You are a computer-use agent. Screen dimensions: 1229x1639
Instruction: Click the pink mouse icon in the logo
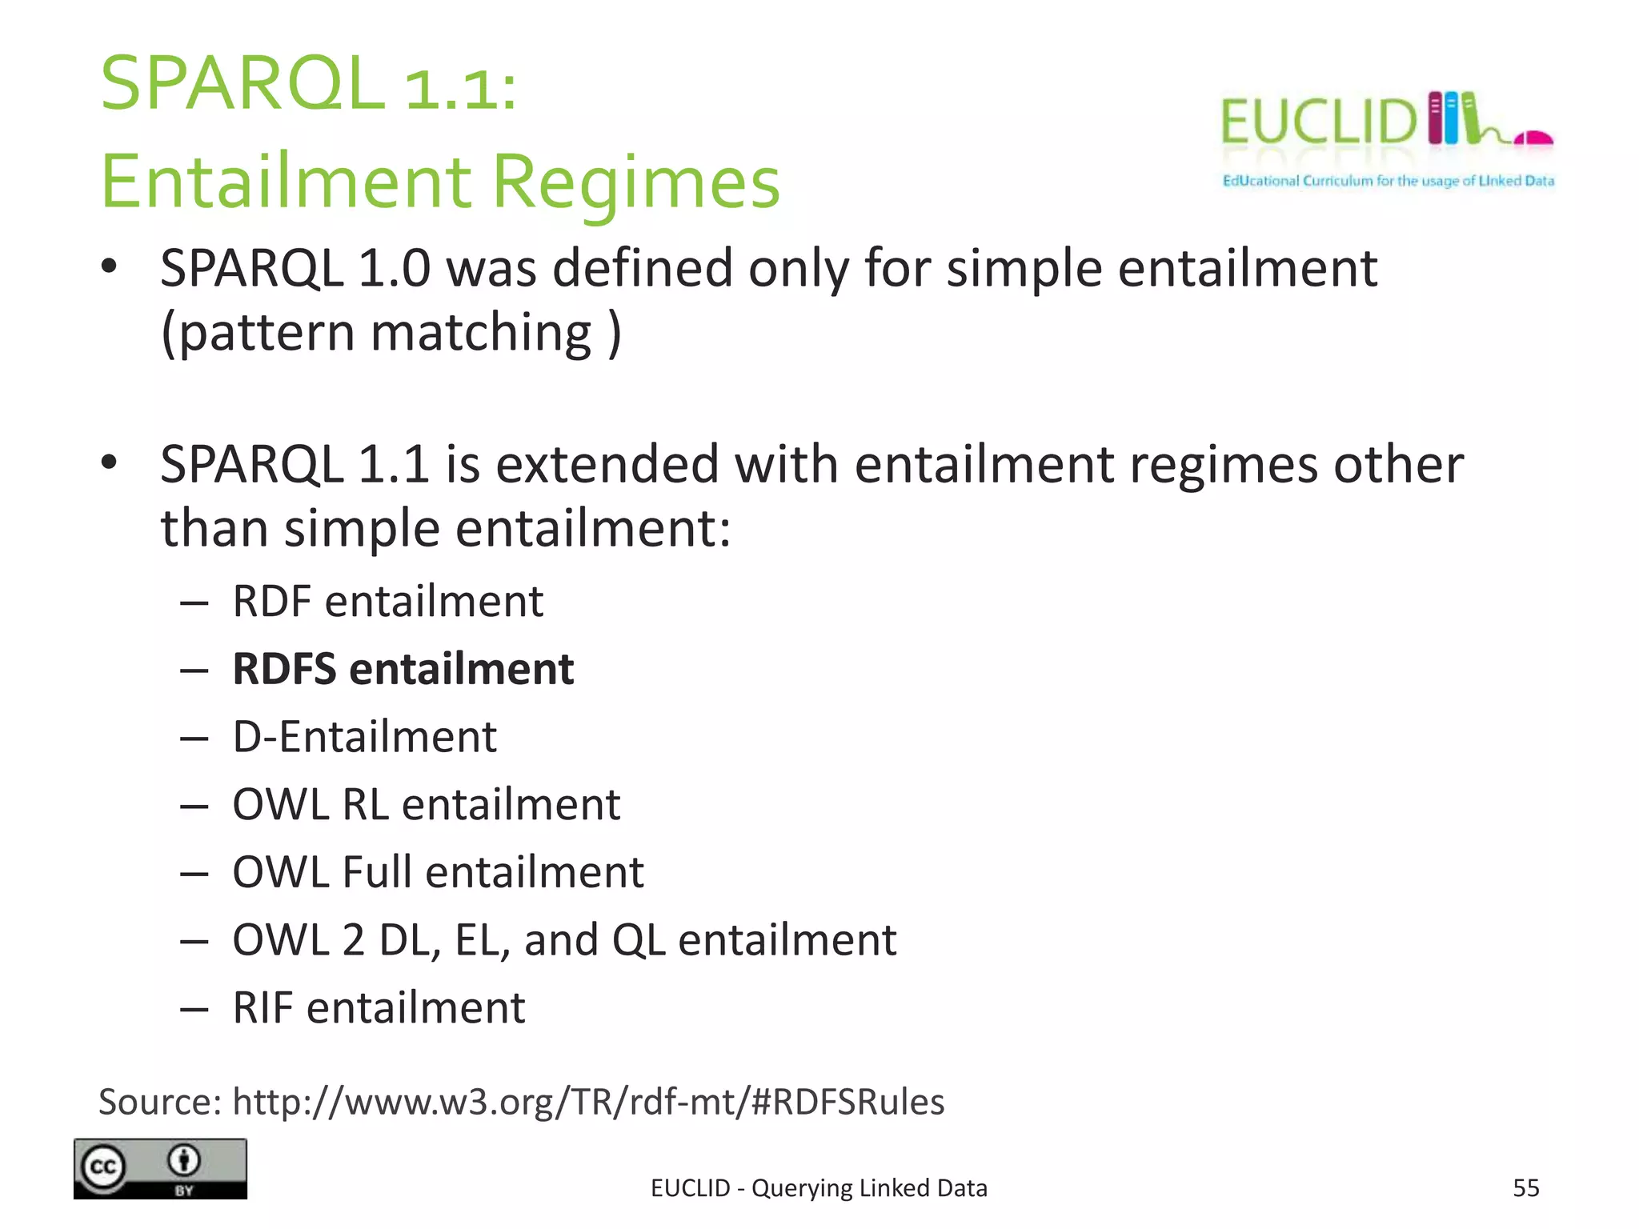click(x=1533, y=138)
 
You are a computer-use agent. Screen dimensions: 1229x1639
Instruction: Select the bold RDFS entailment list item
click(x=403, y=669)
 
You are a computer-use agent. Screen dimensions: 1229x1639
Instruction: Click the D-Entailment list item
click(x=364, y=736)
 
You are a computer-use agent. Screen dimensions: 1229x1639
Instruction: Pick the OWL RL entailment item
click(x=426, y=804)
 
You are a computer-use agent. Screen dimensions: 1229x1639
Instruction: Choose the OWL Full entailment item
click(x=438, y=872)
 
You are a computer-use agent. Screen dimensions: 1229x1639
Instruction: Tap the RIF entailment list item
click(x=379, y=1007)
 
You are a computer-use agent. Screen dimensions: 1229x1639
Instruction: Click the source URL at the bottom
click(x=588, y=1102)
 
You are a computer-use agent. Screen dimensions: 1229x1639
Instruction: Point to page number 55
click(x=1525, y=1188)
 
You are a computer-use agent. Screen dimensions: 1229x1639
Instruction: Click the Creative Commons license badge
click(x=160, y=1168)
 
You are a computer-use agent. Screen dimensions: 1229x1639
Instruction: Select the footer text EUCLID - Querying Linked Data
click(x=819, y=1188)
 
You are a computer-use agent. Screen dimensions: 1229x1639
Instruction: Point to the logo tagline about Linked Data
click(x=1388, y=181)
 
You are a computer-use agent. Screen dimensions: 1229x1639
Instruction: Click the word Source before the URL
click(x=159, y=1102)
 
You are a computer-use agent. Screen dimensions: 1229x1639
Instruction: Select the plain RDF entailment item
click(x=387, y=601)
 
